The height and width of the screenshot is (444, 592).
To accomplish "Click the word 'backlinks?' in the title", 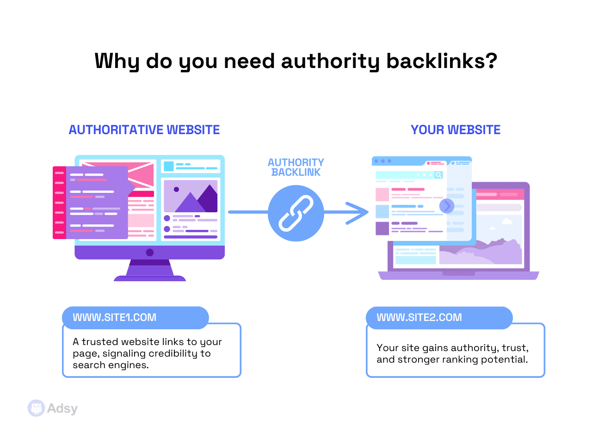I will [x=442, y=61].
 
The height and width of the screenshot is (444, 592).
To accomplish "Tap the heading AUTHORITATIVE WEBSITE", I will [x=144, y=130].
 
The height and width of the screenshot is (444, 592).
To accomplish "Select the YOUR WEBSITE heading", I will [x=456, y=130].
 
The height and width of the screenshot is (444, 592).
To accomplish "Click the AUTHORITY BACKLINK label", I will [x=296, y=167].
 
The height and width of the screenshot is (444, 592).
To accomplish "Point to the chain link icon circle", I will [x=296, y=213].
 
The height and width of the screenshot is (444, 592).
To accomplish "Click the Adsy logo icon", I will [x=36, y=408].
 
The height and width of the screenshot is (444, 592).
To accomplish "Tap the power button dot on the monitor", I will [x=149, y=253].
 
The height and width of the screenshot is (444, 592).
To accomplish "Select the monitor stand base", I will [x=149, y=278].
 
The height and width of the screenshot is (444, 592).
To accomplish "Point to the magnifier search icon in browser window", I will [x=438, y=175].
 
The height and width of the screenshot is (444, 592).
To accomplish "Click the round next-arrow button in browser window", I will [x=446, y=206].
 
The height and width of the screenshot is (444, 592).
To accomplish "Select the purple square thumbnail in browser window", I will [x=382, y=228].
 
